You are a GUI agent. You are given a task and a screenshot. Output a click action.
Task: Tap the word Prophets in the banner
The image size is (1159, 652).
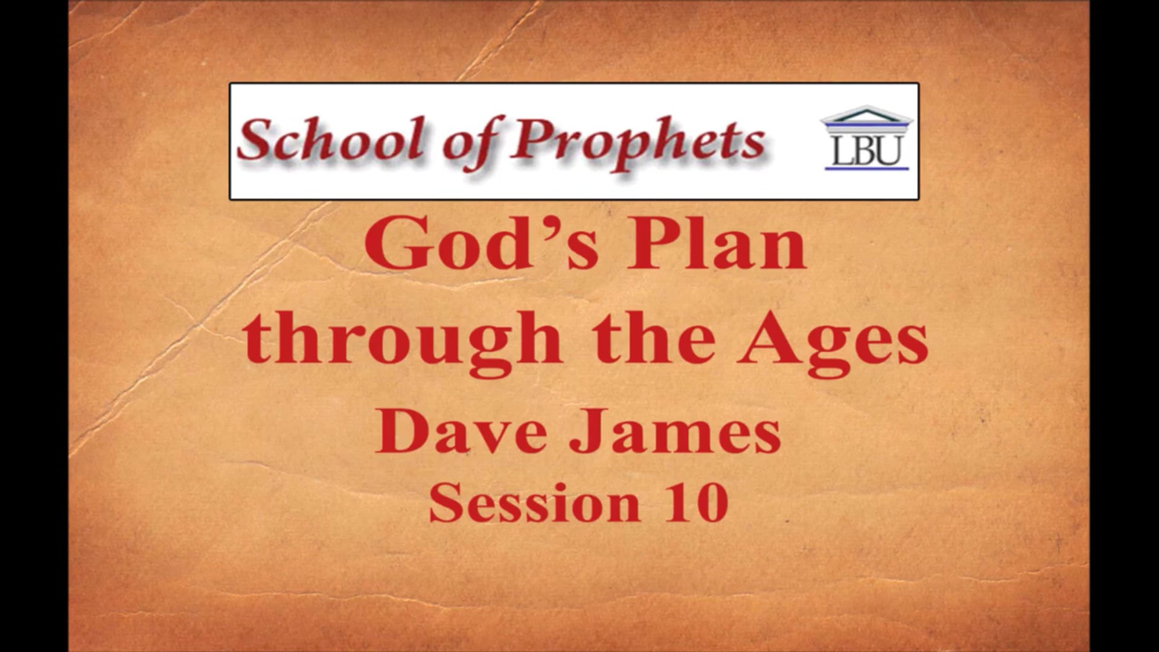tap(637, 142)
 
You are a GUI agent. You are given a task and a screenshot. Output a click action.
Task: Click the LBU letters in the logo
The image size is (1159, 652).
tap(867, 151)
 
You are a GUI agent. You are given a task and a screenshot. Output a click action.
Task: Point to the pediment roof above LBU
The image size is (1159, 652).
tap(867, 115)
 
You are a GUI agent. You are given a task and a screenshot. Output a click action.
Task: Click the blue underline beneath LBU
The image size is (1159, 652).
tap(867, 168)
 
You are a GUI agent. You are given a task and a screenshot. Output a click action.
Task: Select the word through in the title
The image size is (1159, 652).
tap(403, 341)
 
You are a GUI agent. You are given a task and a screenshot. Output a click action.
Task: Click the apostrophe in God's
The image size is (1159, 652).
tap(545, 226)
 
